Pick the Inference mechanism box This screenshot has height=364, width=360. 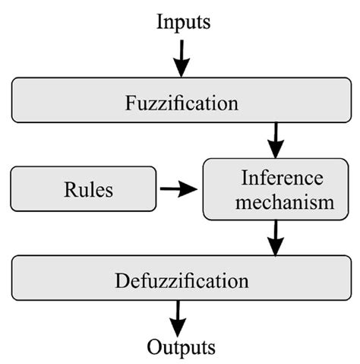(x=276, y=190)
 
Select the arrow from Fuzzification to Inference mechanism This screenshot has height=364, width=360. (x=276, y=140)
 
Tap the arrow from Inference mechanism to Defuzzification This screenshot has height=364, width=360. (x=276, y=239)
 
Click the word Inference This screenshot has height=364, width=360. (x=277, y=179)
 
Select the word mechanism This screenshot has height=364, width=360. (x=276, y=202)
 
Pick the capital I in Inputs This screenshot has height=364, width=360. (x=159, y=23)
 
